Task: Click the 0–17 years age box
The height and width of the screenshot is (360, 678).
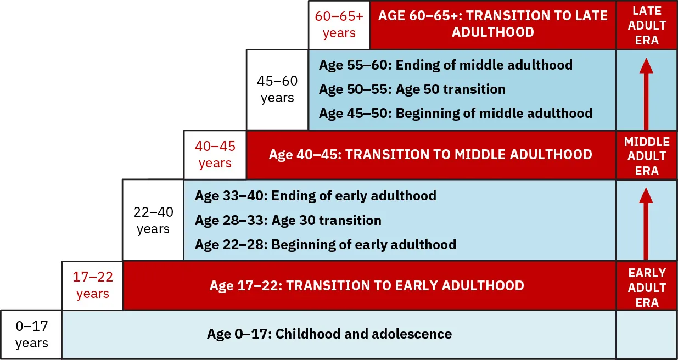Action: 31,335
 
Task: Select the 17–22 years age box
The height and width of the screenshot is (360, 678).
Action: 92,285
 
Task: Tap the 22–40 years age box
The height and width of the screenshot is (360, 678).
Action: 153,220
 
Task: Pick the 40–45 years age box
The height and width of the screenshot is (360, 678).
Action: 215,155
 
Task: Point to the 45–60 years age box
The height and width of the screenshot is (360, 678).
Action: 277,89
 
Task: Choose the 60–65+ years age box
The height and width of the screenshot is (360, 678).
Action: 339,25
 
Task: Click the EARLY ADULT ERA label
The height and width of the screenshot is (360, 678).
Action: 647,287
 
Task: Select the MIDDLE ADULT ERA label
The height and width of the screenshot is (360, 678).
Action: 647,156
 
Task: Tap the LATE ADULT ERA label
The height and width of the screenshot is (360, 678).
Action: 647,25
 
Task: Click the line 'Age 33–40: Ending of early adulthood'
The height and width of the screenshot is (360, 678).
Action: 315,196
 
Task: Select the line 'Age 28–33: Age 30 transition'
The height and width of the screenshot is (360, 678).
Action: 288,221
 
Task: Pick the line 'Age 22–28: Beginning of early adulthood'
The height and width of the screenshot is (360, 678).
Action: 325,244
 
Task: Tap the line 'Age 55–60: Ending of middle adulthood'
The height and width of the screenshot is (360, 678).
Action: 445,65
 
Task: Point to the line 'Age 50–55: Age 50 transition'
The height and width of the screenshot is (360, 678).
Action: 412,89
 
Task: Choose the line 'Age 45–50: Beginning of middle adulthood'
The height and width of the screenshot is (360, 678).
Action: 455,114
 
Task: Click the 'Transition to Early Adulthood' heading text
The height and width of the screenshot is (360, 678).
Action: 366,286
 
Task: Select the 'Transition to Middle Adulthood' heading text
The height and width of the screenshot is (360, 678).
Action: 430,155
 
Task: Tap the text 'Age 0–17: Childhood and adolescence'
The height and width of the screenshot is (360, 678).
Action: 329,334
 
